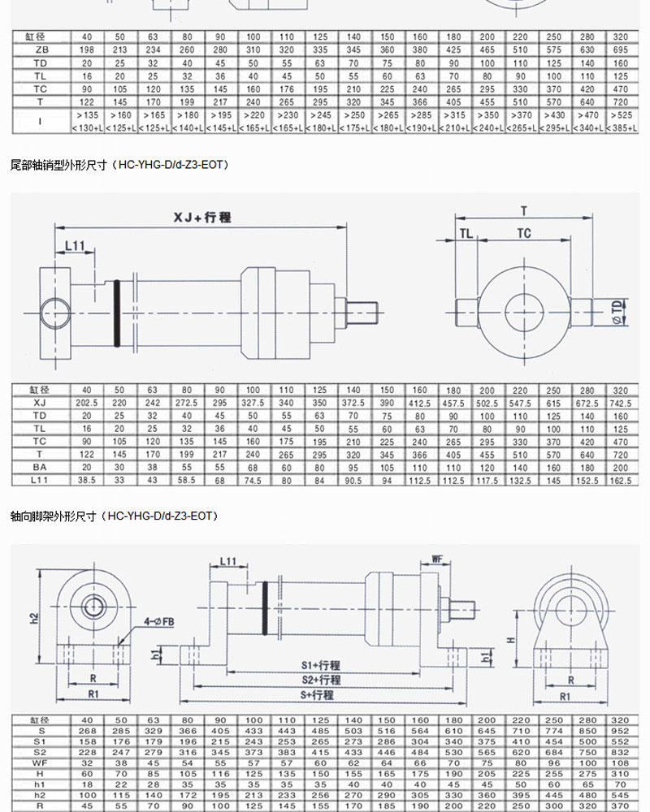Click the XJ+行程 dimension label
click(202, 218)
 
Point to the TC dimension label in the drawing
click(524, 234)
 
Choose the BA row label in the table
click(40, 468)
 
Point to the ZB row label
click(40, 49)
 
